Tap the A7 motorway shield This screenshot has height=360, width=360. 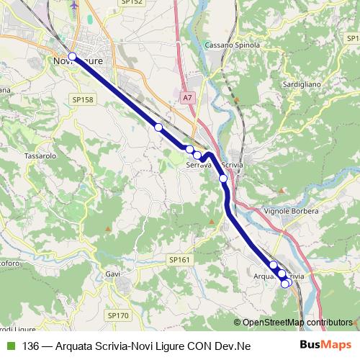coord(187,96)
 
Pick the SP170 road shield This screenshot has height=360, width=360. coord(117,315)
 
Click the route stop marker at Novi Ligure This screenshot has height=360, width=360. coord(72,57)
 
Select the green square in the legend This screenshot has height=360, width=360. coord(10,346)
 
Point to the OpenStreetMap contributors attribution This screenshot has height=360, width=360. coord(297,323)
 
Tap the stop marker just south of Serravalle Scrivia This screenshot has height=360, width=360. coord(223,179)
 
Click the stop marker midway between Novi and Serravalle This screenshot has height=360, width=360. coord(158,127)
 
